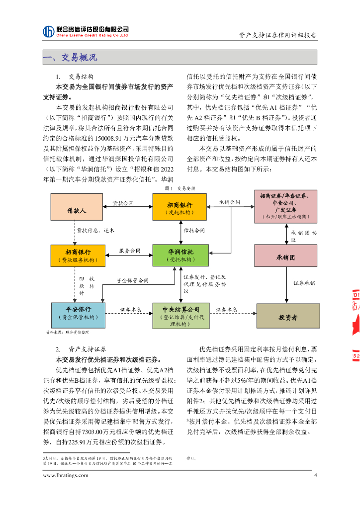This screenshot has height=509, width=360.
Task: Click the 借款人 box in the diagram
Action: (x=77, y=210)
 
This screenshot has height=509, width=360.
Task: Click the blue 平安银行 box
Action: (x=78, y=315)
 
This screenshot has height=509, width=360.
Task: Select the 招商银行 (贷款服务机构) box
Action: (x=78, y=255)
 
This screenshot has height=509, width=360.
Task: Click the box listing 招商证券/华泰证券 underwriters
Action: (x=285, y=206)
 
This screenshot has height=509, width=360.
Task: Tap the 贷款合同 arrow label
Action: (x=123, y=203)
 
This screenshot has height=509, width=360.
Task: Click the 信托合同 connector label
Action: (x=194, y=231)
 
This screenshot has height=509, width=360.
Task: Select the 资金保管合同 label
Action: (x=132, y=281)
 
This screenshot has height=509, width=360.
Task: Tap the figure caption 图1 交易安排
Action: (x=180, y=188)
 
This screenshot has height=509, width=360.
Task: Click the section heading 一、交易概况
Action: (x=70, y=59)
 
